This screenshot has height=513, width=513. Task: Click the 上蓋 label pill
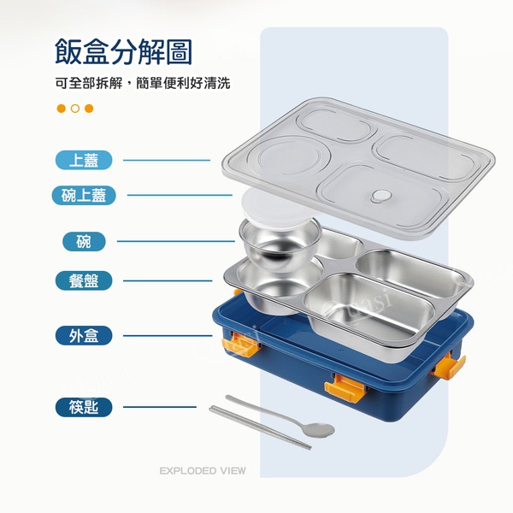click(84, 160)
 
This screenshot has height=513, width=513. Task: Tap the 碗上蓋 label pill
click(84, 195)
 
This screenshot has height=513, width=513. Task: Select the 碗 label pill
click(84, 241)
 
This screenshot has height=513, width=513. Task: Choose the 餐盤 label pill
click(84, 280)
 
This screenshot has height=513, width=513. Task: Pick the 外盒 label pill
click(84, 336)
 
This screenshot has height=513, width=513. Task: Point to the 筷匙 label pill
click(84, 407)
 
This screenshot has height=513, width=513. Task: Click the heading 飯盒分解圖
click(123, 51)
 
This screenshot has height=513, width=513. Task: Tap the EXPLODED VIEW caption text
click(203, 471)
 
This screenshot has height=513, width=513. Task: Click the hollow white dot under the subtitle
click(75, 109)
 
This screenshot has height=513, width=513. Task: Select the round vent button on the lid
click(381, 196)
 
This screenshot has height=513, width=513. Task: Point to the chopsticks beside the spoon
click(260, 427)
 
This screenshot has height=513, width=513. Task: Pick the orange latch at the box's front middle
click(345, 387)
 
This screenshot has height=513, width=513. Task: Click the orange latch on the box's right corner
click(448, 367)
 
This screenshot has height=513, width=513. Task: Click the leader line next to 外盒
click(168, 336)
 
